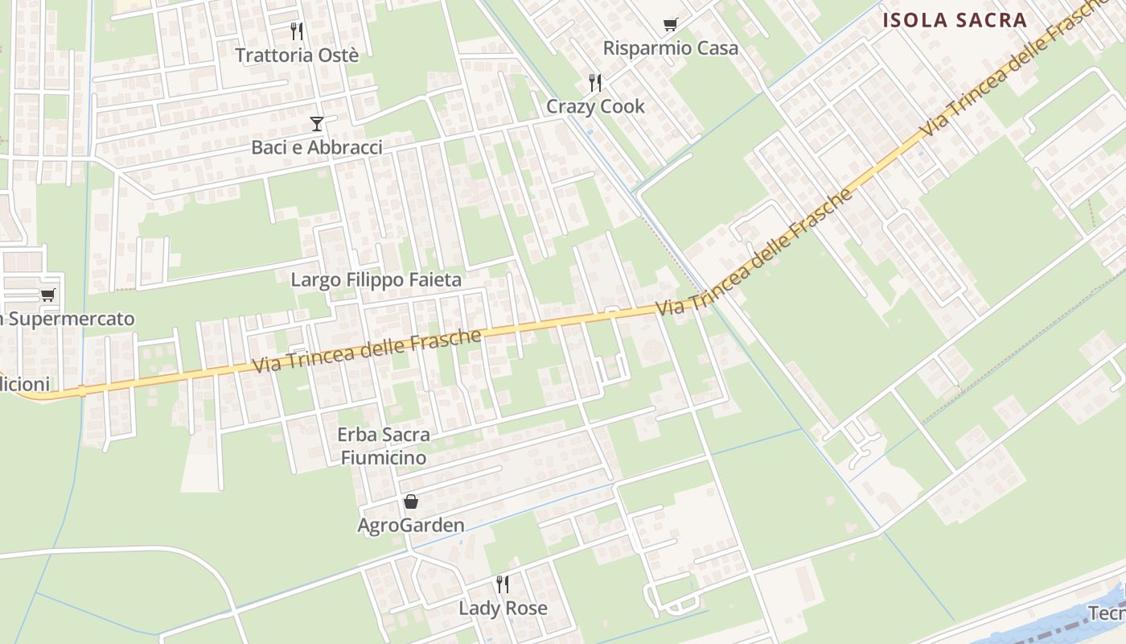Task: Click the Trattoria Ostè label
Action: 297,55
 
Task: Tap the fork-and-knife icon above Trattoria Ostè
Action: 297,31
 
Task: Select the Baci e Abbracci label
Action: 317,147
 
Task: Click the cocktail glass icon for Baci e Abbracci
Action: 317,124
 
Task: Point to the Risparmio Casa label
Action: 670,48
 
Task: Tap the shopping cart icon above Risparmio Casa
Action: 670,25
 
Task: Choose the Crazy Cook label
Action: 595,106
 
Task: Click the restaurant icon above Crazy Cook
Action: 595,82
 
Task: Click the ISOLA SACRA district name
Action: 955,21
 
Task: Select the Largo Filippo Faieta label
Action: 376,280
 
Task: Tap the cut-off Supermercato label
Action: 68,319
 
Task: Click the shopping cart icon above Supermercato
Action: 47,295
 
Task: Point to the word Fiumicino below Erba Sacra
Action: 383,458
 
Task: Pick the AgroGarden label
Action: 411,526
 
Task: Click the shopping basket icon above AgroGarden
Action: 411,502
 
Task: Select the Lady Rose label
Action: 503,609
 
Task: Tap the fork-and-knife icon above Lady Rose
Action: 503,584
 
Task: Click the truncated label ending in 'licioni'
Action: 24,384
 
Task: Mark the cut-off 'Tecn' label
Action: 1108,613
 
